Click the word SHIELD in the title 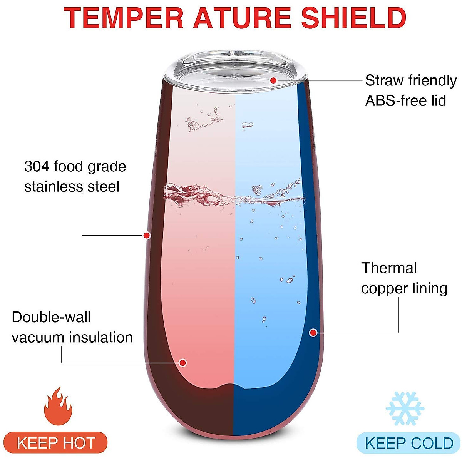click(x=353, y=18)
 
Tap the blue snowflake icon click(x=405, y=408)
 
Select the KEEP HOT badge click(x=56, y=443)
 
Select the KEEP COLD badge click(x=408, y=443)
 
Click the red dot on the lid click(x=273, y=80)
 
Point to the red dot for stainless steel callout click(x=147, y=235)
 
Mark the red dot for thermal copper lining click(x=313, y=332)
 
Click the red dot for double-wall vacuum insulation click(x=183, y=363)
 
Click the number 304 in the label click(x=37, y=167)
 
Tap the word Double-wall click(x=51, y=317)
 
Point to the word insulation click(x=101, y=338)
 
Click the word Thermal click(x=389, y=268)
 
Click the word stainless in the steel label click(x=54, y=187)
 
